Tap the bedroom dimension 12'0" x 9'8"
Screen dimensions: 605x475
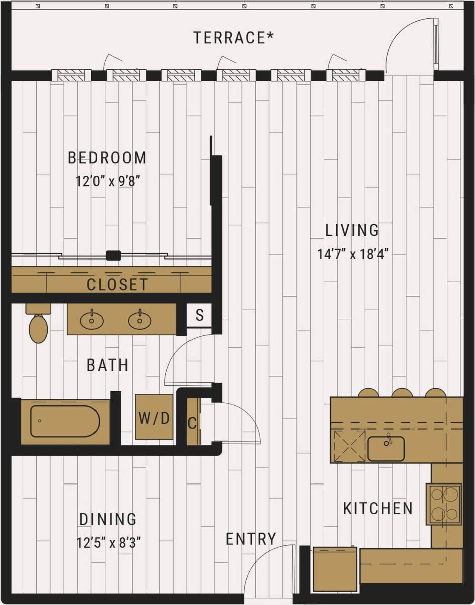click(107, 181)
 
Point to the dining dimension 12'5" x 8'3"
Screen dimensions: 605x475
click(108, 543)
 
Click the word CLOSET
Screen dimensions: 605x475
click(118, 284)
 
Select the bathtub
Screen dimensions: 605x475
click(65, 421)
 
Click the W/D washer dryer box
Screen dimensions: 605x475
click(154, 417)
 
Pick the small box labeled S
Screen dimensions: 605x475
click(200, 316)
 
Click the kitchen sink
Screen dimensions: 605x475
click(386, 448)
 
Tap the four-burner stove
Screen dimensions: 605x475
click(444, 504)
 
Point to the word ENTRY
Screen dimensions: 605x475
click(251, 539)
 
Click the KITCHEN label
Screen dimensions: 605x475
click(378, 508)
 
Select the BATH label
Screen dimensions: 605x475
click(108, 365)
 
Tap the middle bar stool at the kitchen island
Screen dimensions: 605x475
click(402, 393)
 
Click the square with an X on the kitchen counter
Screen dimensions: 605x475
click(349, 445)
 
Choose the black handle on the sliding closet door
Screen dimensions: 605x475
click(113, 255)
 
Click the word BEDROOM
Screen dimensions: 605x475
click(107, 158)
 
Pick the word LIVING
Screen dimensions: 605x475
click(352, 230)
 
